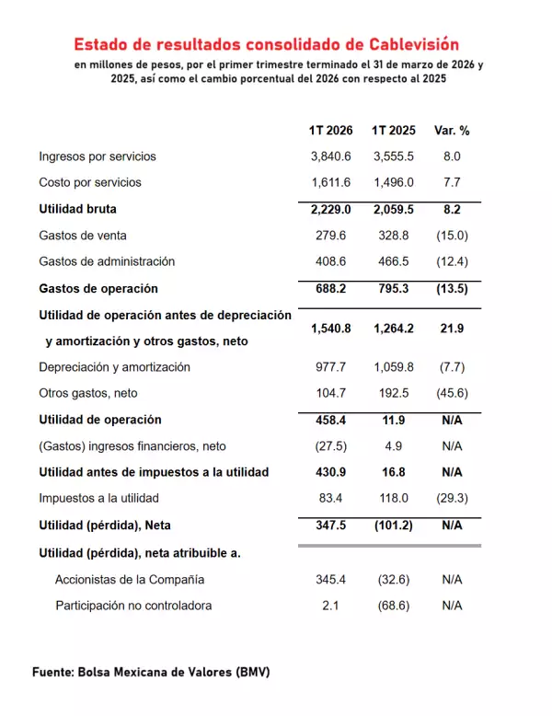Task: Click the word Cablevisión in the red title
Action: (x=407, y=43)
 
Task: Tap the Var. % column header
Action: (x=452, y=131)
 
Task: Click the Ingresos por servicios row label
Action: (x=98, y=156)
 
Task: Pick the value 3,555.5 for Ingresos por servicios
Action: (x=393, y=156)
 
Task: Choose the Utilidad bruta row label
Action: (x=78, y=209)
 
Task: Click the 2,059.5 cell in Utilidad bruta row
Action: (x=393, y=209)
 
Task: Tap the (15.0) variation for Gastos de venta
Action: (x=452, y=236)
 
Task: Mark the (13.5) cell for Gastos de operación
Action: (x=452, y=288)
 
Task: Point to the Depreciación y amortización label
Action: (x=115, y=367)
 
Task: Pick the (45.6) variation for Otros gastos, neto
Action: (x=452, y=393)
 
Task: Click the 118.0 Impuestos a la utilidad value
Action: (x=393, y=498)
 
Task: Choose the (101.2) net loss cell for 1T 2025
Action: (x=393, y=525)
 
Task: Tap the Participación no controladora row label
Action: (x=133, y=606)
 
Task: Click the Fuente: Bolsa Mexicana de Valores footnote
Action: (x=151, y=672)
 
